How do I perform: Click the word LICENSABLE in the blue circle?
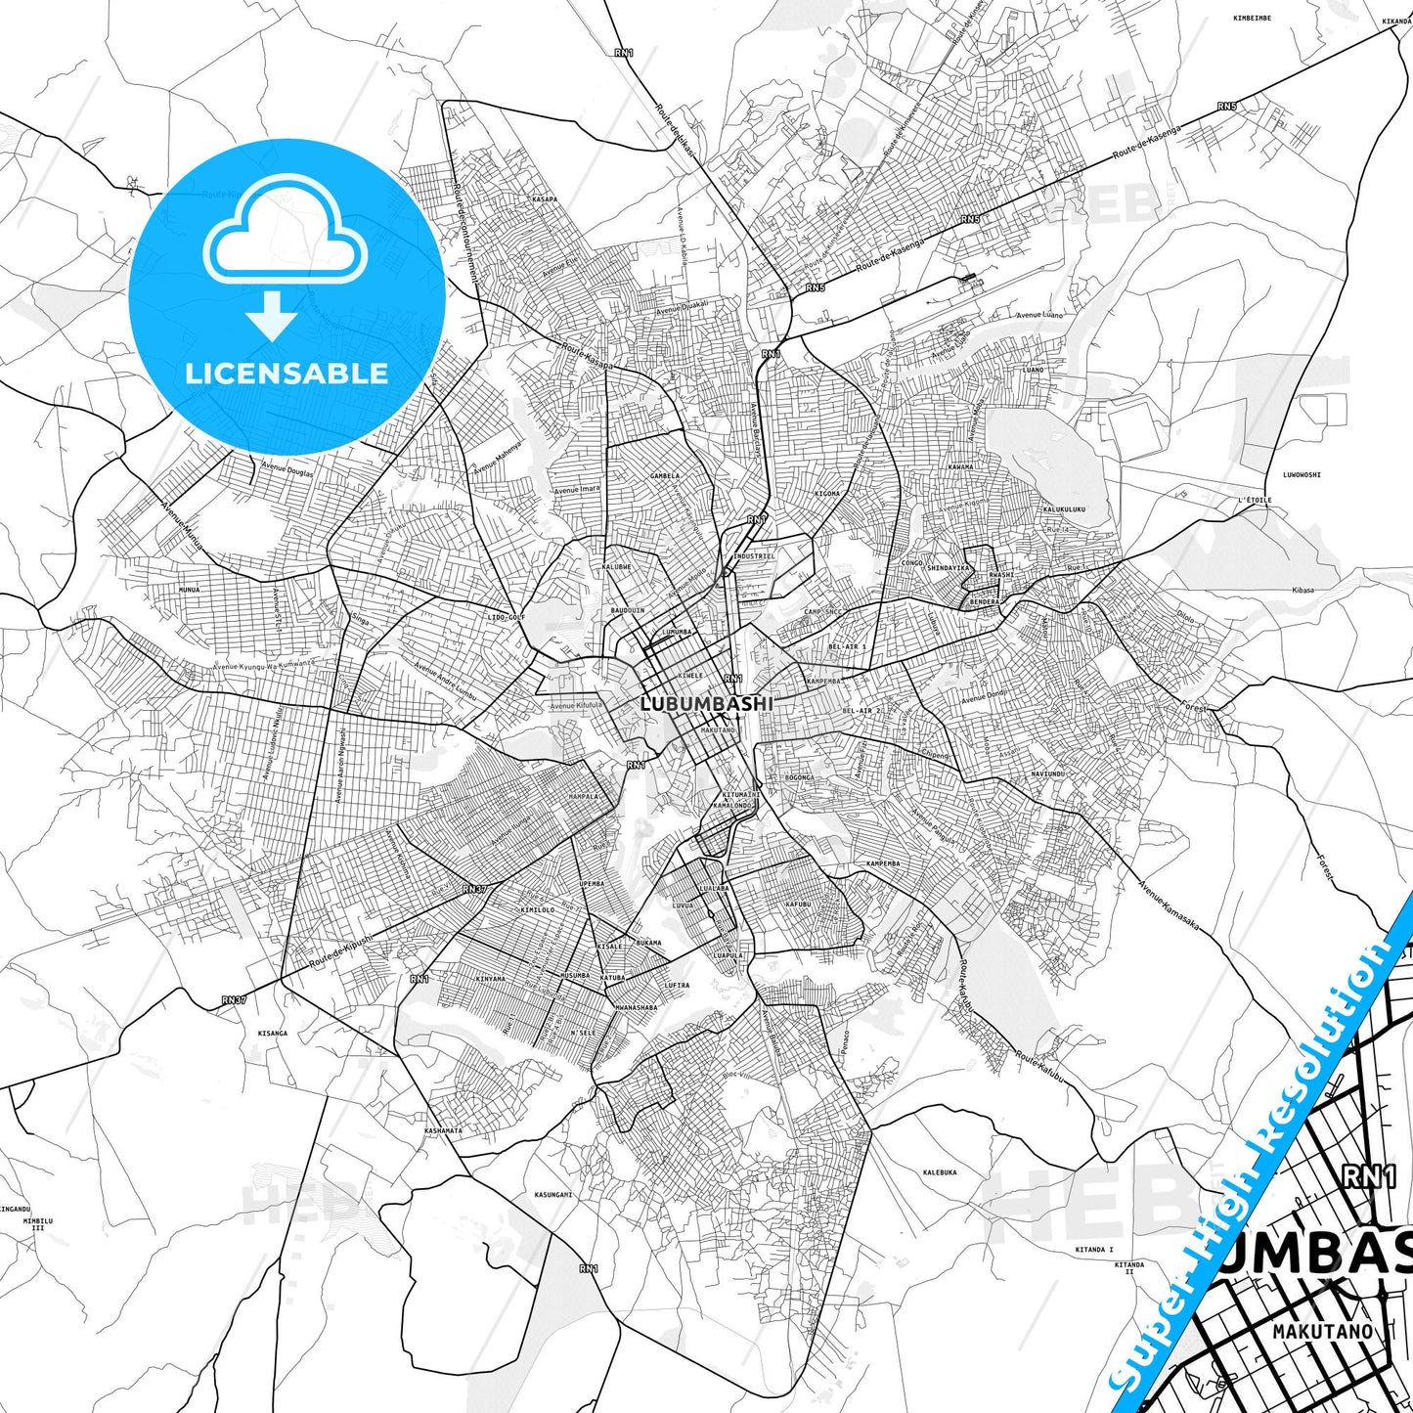(x=287, y=373)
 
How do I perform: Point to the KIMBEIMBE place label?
(x=1252, y=18)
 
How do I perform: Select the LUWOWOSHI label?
(x=1302, y=475)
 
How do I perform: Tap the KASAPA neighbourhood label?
(x=545, y=199)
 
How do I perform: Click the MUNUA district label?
(x=189, y=591)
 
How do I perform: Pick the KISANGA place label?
(x=273, y=1033)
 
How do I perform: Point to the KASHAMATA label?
(x=443, y=1130)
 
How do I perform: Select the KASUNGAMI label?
(x=553, y=1194)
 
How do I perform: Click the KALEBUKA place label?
(x=940, y=1171)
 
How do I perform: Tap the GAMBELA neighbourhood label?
(x=664, y=476)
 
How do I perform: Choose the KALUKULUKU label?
(x=1064, y=509)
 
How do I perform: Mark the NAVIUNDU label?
(x=1047, y=773)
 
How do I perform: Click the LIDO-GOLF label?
(x=507, y=618)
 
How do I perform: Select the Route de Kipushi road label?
(x=341, y=951)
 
